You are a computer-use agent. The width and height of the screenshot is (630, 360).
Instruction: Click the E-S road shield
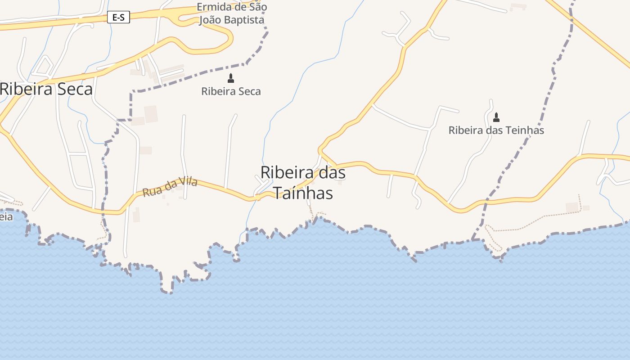click(x=118, y=18)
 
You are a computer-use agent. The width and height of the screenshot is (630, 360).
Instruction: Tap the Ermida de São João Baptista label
click(x=232, y=13)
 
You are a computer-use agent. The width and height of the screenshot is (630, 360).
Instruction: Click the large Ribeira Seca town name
click(x=46, y=89)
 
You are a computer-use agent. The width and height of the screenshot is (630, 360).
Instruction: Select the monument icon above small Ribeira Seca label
click(x=231, y=78)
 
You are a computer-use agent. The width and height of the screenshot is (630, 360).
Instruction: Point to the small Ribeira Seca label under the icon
click(x=231, y=91)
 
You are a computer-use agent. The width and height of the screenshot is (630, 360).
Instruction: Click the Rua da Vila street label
click(x=170, y=187)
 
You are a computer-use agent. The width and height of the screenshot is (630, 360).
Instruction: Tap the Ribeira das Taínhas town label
click(x=303, y=182)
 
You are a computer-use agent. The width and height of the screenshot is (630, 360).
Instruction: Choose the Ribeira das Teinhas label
click(x=496, y=130)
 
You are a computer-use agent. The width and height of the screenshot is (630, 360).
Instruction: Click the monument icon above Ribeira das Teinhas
click(x=496, y=117)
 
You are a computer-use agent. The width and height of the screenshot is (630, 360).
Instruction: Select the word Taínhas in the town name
click(x=303, y=193)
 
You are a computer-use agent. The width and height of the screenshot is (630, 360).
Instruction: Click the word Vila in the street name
click(x=188, y=182)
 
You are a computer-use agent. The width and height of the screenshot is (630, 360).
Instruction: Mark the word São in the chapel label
click(x=258, y=7)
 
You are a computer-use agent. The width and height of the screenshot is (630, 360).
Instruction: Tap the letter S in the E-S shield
click(x=122, y=18)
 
